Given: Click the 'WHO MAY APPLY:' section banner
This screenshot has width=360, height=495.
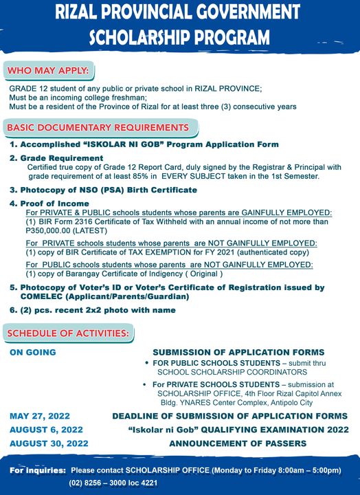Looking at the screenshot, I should [47, 71].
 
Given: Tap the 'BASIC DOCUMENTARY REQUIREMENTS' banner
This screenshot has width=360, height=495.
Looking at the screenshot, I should [98, 128].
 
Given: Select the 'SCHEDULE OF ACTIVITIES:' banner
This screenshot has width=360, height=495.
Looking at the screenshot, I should [68, 333].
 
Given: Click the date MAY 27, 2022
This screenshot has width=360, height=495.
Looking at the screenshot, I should [40, 416].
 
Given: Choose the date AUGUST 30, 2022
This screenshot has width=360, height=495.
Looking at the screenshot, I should [49, 443].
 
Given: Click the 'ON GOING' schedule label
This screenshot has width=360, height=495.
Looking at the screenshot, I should [33, 353].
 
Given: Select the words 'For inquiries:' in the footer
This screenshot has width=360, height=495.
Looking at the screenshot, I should [38, 470].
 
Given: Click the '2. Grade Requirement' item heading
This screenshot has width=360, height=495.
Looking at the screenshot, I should [56, 158].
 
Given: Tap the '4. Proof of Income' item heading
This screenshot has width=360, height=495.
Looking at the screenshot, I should [49, 203].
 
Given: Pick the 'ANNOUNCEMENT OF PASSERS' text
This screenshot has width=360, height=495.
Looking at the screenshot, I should [238, 443].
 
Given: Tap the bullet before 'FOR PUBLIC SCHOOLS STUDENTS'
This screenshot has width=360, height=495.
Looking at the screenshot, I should [147, 362].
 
